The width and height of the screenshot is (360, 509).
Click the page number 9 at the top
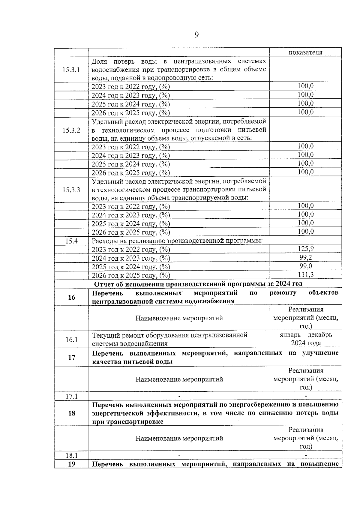tap(196, 35)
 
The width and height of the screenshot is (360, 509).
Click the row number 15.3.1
tap(71, 70)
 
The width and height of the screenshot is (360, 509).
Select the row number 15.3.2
tap(71, 130)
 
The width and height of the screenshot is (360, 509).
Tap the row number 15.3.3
tap(71, 190)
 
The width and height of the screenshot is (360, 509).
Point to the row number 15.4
tap(71, 241)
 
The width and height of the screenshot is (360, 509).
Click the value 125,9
tap(305, 249)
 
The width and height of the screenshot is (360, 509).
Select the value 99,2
tap(305, 257)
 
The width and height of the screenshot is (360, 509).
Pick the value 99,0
tap(305, 266)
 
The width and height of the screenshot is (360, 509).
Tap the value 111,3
tap(305, 274)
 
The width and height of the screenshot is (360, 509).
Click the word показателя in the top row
tap(305, 52)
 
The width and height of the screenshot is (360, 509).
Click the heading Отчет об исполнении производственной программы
tap(198, 284)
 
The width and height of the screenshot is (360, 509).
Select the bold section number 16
tap(71, 297)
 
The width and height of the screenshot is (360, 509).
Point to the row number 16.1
tap(71, 340)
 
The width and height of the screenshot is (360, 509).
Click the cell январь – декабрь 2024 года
tap(306, 339)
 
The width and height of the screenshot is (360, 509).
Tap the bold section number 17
tap(71, 358)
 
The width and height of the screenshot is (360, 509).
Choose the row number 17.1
tap(71, 396)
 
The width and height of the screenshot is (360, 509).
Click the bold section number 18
tap(71, 413)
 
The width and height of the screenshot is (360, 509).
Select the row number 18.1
tap(71, 455)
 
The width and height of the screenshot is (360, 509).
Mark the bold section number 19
tap(71, 464)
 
